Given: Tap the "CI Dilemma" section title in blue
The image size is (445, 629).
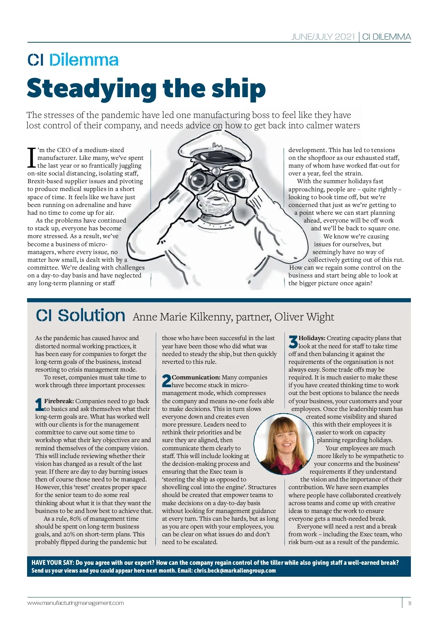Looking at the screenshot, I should tap(73, 60).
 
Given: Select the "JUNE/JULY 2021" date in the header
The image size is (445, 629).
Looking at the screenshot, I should tap(323, 37).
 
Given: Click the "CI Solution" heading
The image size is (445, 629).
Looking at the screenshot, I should tap(80, 316).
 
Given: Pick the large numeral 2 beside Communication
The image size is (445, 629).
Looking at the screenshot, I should tap(167, 381).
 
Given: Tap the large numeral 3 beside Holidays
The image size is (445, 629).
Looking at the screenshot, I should tap(293, 341).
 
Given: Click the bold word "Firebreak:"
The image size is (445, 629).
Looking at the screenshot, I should tap(59, 401).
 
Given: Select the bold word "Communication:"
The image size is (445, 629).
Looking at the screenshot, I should tap(196, 377).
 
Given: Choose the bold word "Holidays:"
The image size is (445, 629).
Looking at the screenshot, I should tap(312, 338).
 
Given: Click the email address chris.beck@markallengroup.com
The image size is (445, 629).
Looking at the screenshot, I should tap(235, 570).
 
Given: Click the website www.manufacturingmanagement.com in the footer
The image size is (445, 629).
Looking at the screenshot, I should tap(76, 603).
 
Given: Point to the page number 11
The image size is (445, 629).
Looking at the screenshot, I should tap(409, 603).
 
